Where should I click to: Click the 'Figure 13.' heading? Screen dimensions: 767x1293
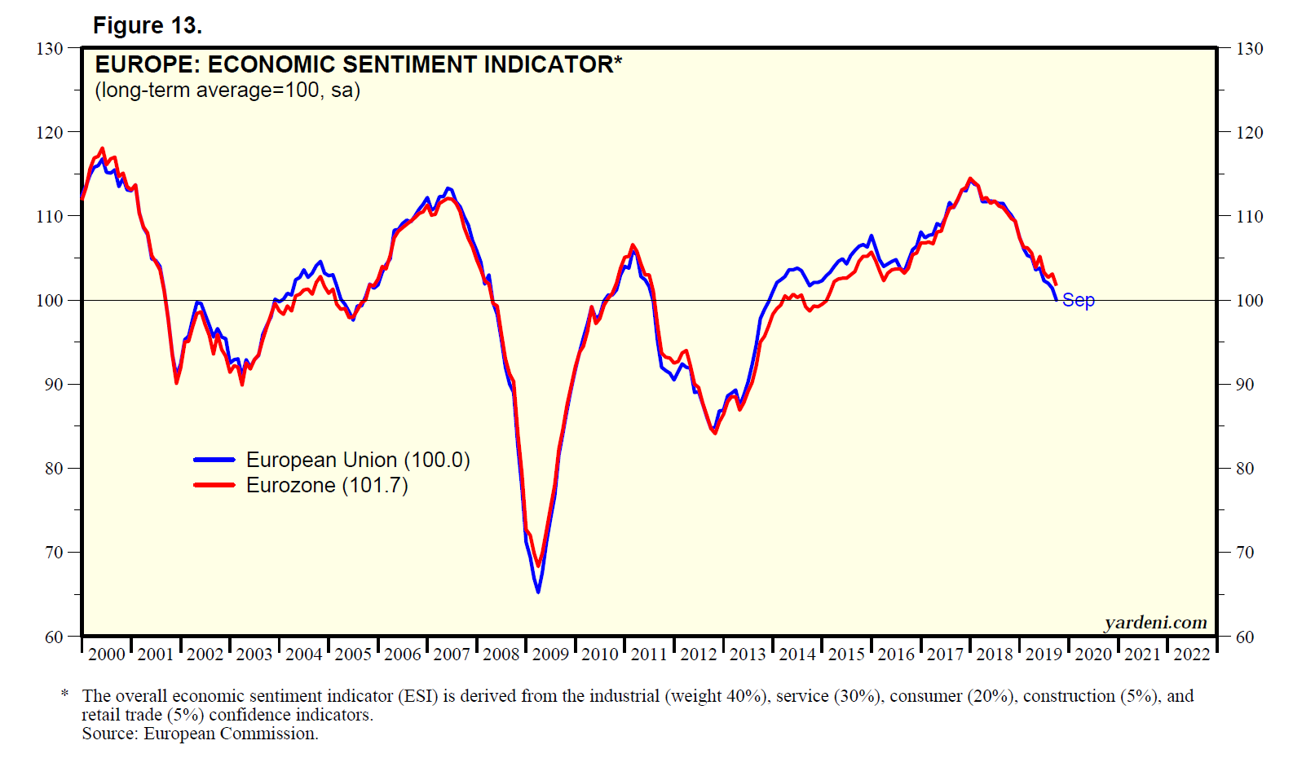[x=148, y=26]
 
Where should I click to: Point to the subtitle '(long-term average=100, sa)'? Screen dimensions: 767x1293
[x=227, y=90]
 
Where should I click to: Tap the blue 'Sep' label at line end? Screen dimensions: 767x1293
[x=1078, y=301]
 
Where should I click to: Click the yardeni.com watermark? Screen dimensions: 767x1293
[x=1155, y=623]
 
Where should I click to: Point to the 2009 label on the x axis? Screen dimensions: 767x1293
[x=550, y=654]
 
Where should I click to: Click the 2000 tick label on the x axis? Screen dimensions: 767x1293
[x=107, y=654]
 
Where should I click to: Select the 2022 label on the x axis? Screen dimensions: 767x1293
[x=1191, y=654]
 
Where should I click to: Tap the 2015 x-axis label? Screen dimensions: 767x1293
[x=846, y=654]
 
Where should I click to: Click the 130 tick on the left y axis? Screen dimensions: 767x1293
[x=50, y=49]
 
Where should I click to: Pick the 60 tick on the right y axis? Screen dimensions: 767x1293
[x=1245, y=637]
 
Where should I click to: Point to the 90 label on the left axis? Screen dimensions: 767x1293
[x=54, y=385]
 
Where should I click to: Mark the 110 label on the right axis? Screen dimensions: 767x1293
[x=1249, y=217]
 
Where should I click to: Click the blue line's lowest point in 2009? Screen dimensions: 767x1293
[x=538, y=592]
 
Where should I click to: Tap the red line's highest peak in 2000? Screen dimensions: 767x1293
[x=102, y=148]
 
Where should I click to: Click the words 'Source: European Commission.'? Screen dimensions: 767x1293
[x=200, y=734]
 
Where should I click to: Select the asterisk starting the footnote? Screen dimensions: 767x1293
[x=64, y=694]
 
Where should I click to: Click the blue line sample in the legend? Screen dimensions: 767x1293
[x=214, y=460]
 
